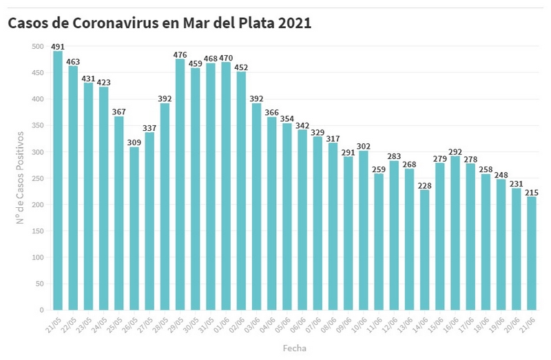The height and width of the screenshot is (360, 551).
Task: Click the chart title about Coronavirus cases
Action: (159, 23)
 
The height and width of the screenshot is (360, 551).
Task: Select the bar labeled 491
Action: (58, 180)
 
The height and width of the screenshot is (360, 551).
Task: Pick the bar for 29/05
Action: (180, 184)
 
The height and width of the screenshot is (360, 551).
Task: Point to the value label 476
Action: (180, 54)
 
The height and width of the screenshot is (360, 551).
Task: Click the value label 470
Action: (226, 58)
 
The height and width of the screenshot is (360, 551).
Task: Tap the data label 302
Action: (364, 146)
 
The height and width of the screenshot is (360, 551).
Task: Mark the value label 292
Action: (455, 151)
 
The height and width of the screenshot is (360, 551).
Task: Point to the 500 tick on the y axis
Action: (37, 46)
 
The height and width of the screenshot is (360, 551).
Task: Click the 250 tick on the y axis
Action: (37, 178)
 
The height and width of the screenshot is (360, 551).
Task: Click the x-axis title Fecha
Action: (294, 348)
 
